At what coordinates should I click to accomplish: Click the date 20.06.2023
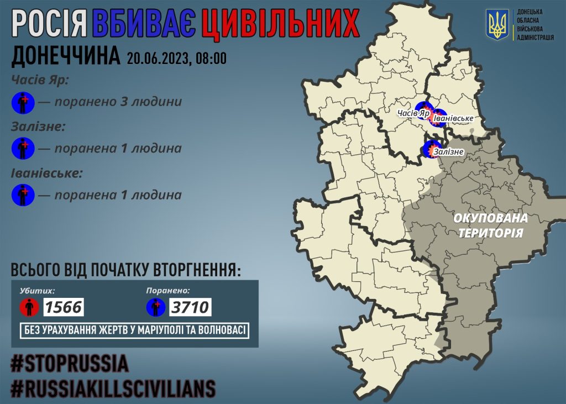point(157,58)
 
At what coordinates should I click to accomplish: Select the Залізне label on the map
point(448,151)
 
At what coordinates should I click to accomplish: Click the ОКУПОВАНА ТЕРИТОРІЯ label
point(490,225)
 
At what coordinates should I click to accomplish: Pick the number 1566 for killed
point(63,306)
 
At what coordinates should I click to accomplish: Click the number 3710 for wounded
point(191,306)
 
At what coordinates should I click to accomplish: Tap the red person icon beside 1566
point(29,307)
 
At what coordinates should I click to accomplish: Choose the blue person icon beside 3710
point(156,307)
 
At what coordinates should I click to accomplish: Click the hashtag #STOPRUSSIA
point(70,364)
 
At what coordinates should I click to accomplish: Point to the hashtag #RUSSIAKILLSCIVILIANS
point(113,389)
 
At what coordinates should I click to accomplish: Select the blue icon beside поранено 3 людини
point(23,102)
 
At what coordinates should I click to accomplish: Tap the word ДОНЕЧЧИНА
point(66,57)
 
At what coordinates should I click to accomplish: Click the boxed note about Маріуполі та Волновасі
point(134,331)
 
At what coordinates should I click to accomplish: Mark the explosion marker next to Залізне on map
point(431,149)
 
